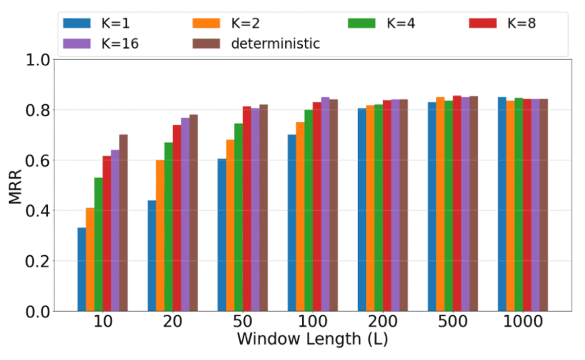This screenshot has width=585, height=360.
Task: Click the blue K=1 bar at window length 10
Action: coord(81,269)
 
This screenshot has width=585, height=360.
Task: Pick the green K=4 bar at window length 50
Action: coord(238,217)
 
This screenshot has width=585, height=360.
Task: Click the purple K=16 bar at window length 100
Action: coord(325,204)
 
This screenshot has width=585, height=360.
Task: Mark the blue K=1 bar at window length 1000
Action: coord(502,204)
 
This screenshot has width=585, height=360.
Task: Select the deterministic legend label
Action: coord(275,43)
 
